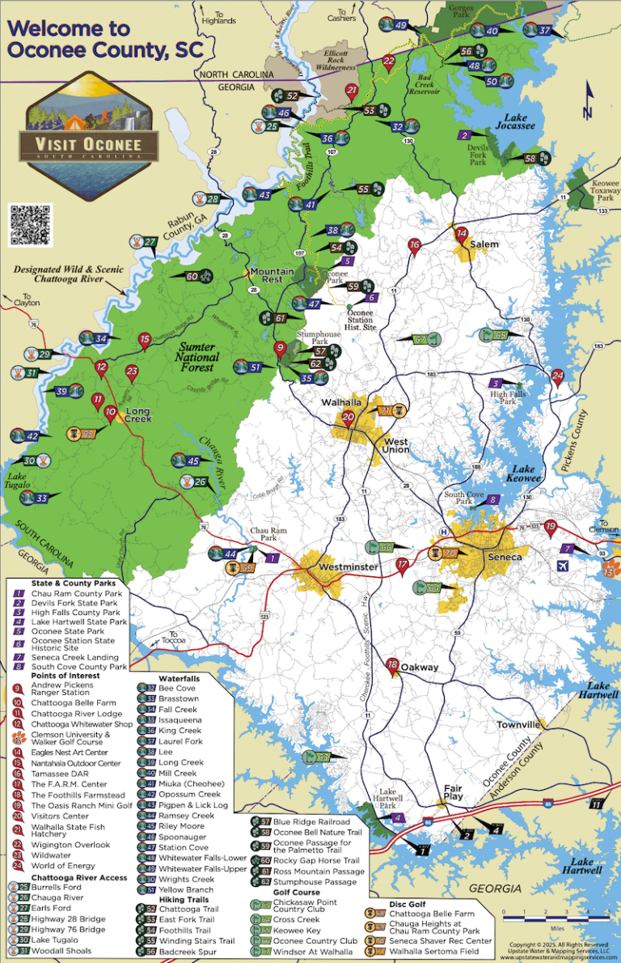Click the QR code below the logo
point(31,224)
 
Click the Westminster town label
point(348,567)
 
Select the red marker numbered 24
point(557,375)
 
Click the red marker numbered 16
point(415,245)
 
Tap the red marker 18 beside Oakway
point(392,665)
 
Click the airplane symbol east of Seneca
point(563,565)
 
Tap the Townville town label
point(518,724)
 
